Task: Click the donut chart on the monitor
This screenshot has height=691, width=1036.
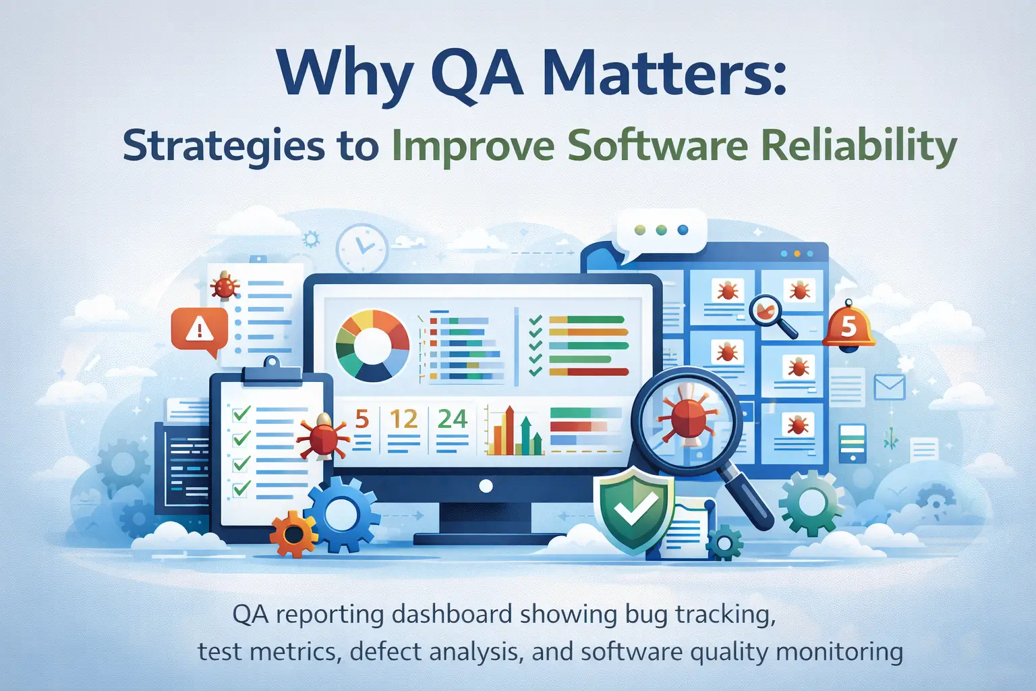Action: click(372, 345)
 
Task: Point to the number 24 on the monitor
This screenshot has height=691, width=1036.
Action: click(452, 420)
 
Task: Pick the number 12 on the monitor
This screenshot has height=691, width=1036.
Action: click(403, 420)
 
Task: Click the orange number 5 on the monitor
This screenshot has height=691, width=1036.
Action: click(362, 420)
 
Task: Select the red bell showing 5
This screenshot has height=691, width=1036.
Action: click(848, 325)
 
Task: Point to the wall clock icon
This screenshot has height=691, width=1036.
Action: click(362, 248)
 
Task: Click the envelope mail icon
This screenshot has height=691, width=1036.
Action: click(889, 387)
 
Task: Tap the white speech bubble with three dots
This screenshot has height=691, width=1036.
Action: click(661, 231)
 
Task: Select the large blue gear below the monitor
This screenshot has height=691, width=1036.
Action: click(342, 514)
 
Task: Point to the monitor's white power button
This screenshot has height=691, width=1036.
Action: click(485, 485)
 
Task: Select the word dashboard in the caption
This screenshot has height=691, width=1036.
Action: click(453, 615)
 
